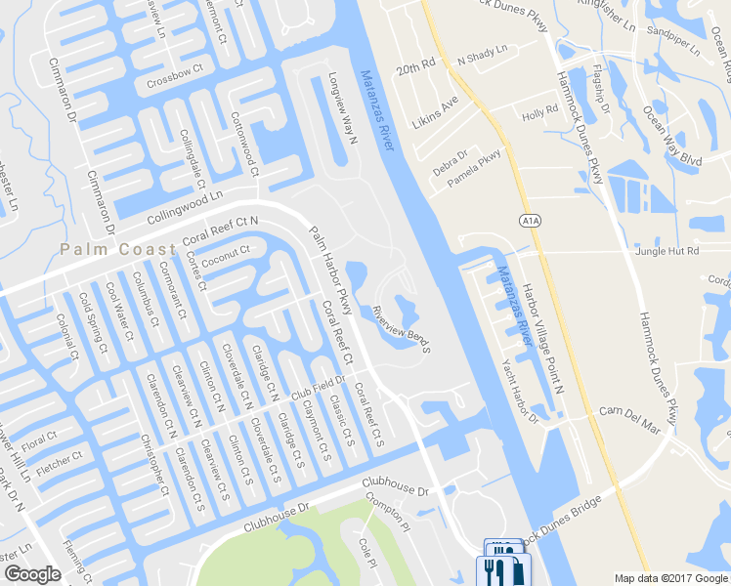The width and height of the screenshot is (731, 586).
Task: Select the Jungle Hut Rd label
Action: (x=667, y=251)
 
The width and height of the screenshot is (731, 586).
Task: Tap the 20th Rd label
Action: (x=414, y=71)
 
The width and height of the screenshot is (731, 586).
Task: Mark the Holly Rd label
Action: (x=539, y=114)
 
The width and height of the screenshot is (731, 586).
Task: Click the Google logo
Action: (x=32, y=574)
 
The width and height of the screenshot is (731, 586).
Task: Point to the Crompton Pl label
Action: (x=385, y=511)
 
